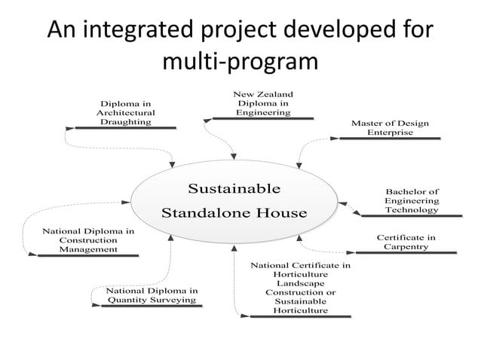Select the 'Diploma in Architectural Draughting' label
coord(126,112)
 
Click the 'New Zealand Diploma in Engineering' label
coord(263,103)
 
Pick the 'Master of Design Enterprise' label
coord(389,127)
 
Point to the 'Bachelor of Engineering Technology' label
coord(412,201)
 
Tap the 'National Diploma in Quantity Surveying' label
coord(152,295)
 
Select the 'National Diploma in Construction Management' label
coord(88,239)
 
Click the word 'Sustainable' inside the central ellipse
coord(234,188)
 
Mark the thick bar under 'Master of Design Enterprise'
coord(390,139)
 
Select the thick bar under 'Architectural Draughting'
coord(126,128)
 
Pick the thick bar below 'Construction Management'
coord(88,257)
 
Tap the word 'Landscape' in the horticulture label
coord(300,282)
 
